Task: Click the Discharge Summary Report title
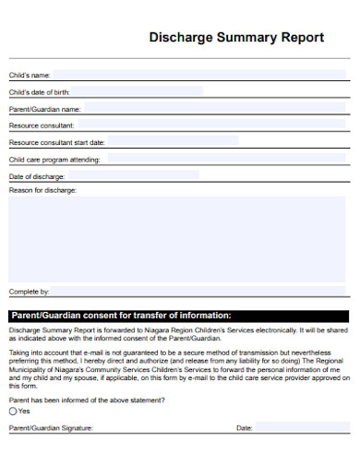236,38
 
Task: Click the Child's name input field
199,74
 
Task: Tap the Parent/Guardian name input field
217,108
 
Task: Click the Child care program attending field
227,159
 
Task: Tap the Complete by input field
199,292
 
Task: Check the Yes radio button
13,412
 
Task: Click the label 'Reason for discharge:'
42,190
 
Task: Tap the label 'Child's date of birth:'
40,92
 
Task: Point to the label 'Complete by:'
29,292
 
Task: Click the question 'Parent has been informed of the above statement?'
87,400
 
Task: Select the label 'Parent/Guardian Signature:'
51,429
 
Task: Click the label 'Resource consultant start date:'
56,142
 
